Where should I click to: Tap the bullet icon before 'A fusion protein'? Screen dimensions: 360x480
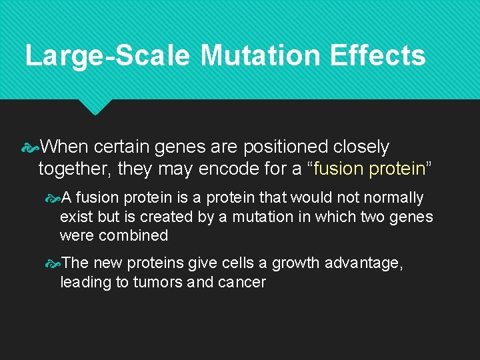pyautogui.click(x=53, y=198)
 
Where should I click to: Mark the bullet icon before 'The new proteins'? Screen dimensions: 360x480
pyautogui.click(x=53, y=264)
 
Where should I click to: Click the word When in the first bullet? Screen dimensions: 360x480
pyautogui.click(x=65, y=147)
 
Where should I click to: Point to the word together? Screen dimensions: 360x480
pyautogui.click(x=75, y=169)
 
